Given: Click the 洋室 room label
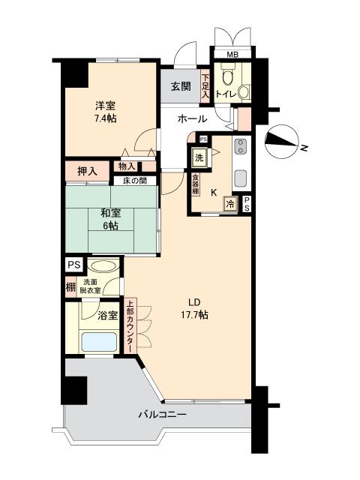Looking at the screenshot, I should pyautogui.click(x=104, y=106).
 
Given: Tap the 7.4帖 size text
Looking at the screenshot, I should pyautogui.click(x=104, y=118).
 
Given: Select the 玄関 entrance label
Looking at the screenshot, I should pyautogui.click(x=179, y=85).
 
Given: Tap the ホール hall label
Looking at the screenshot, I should pyautogui.click(x=192, y=119).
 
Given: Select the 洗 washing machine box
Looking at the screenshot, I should pyautogui.click(x=199, y=158).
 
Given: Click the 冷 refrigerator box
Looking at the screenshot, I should pyautogui.click(x=232, y=202).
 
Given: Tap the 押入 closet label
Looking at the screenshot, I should pyautogui.click(x=88, y=171).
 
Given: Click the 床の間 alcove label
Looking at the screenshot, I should pyautogui.click(x=135, y=180).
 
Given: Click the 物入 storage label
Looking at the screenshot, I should pyautogui.click(x=127, y=166).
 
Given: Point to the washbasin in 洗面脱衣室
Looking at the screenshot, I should pyautogui.click(x=103, y=266).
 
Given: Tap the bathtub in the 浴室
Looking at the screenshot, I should pyautogui.click(x=97, y=343).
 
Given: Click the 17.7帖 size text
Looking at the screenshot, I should pyautogui.click(x=194, y=316).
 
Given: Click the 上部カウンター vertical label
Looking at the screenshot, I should pyautogui.click(x=130, y=326).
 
